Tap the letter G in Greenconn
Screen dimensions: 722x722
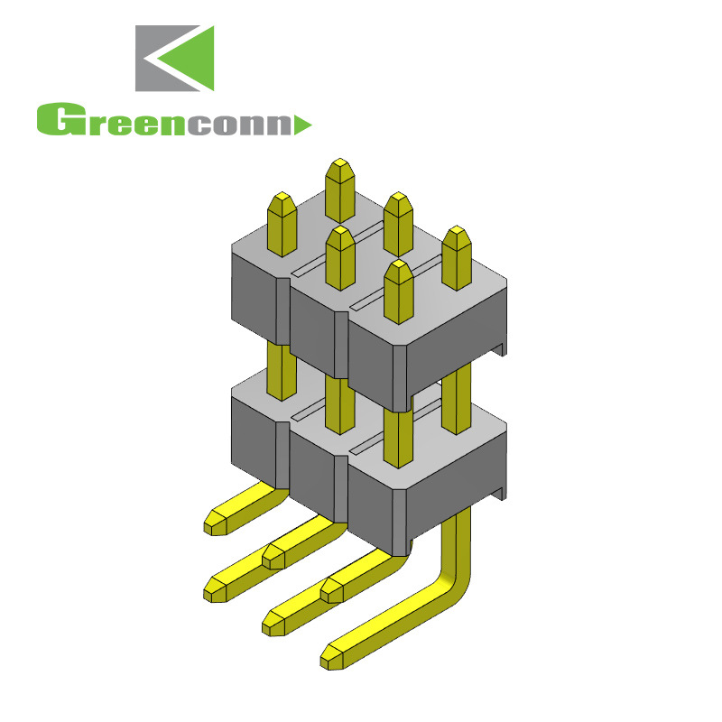click(56, 121)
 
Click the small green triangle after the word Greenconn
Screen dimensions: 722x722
click(303, 124)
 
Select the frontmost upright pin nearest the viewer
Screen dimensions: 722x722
click(398, 291)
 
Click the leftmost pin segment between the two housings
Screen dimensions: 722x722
click(282, 370)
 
